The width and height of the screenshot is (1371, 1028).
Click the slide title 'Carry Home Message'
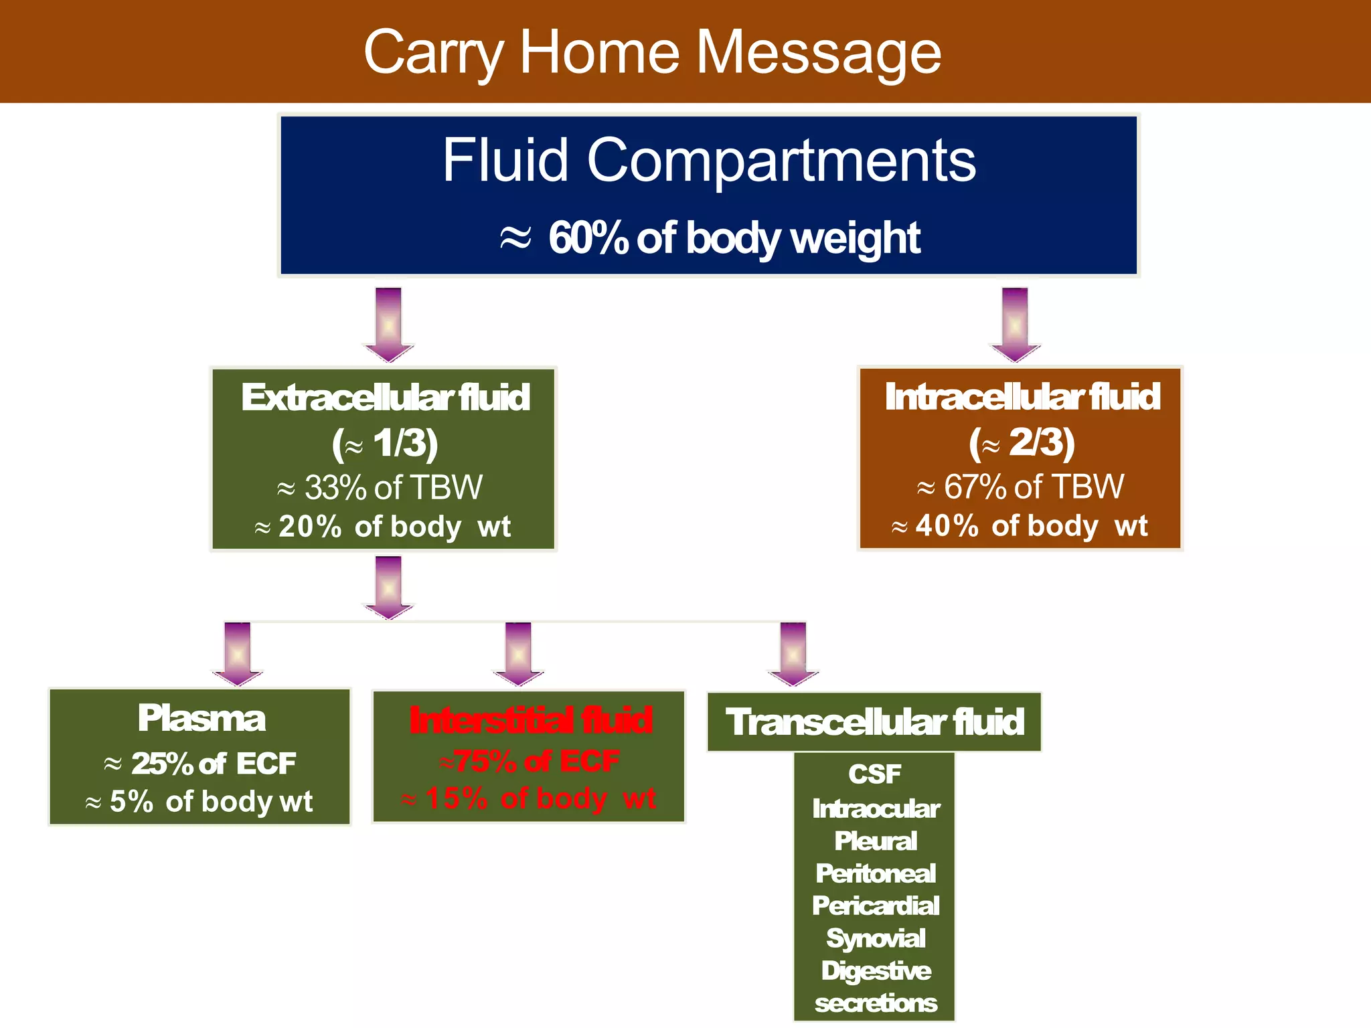click(652, 52)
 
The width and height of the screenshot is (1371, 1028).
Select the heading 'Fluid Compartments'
click(709, 160)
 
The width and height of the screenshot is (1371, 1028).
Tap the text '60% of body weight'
click(734, 238)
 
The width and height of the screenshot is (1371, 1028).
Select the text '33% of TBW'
click(392, 487)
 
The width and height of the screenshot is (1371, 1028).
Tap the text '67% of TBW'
click(1033, 487)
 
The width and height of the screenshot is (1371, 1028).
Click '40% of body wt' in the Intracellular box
click(1031, 526)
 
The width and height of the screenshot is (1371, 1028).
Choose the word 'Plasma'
click(201, 718)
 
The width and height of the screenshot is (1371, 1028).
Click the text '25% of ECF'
click(213, 764)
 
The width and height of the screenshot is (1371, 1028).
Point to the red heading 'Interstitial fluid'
click(530, 721)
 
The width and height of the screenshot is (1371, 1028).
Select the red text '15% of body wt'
click(540, 798)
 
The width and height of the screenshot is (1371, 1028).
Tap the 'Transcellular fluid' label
click(874, 722)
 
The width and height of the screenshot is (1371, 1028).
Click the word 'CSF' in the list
click(874, 774)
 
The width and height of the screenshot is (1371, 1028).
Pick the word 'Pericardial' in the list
click(876, 906)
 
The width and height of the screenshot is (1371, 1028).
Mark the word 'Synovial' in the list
click(876, 938)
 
